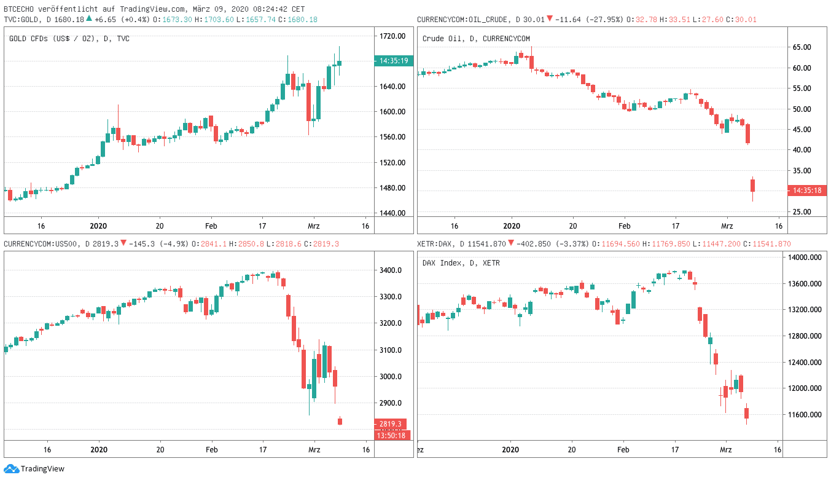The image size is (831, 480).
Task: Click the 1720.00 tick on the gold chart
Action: point(392,36)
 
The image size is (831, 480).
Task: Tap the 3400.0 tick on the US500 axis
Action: point(391,270)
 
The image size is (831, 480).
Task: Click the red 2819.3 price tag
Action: point(390,424)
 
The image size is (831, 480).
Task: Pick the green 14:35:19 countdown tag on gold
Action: point(394,61)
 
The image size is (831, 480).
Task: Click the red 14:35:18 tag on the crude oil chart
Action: point(806,191)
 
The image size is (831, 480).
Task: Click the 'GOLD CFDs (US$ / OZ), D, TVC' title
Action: point(69,39)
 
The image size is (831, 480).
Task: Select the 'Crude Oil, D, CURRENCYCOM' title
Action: point(476,39)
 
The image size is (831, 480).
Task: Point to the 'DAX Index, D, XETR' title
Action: point(461,263)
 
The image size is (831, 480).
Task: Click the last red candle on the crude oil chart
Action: point(752,185)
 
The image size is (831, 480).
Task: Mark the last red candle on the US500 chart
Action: point(340,421)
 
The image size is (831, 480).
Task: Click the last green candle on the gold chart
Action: point(340,63)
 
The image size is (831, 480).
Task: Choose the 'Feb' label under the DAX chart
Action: point(623,449)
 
